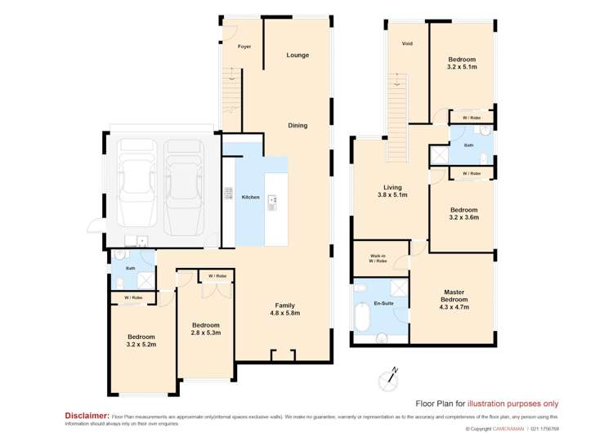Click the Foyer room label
pyautogui.click(x=244, y=47)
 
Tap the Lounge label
pyautogui.click(x=298, y=56)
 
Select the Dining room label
pyautogui.click(x=298, y=125)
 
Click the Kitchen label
pyautogui.click(x=250, y=198)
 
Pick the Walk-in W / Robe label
pyautogui.click(x=378, y=258)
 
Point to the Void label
pyautogui.click(x=406, y=43)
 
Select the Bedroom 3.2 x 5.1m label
pyautogui.click(x=462, y=64)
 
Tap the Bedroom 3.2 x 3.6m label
pyautogui.click(x=463, y=213)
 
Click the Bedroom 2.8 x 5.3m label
pyautogui.click(x=206, y=329)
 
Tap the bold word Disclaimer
pyautogui.click(x=87, y=415)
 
